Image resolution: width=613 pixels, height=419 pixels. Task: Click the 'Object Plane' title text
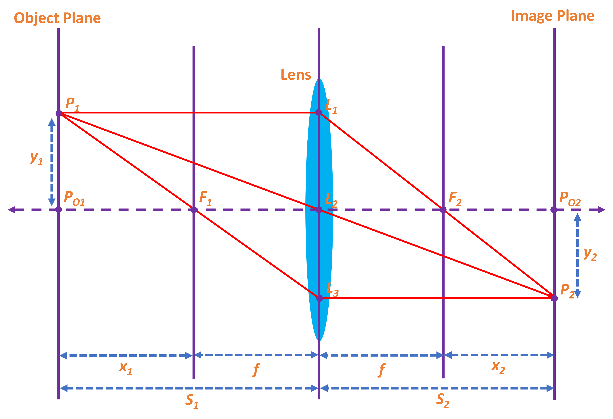tap(57, 18)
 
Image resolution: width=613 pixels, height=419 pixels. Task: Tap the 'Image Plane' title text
tap(553, 16)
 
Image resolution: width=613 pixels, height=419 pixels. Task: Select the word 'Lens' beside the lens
tap(296, 75)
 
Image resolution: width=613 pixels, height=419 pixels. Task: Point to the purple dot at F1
tap(194, 210)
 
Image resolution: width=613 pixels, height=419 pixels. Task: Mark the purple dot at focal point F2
tap(443, 210)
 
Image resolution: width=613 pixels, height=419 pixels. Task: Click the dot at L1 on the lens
tap(319, 112)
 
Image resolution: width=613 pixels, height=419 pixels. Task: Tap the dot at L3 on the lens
tap(319, 298)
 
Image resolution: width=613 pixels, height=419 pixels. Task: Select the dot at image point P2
tap(554, 298)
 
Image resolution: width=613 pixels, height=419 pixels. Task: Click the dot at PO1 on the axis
tap(59, 210)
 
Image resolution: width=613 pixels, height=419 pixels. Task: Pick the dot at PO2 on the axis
tap(554, 210)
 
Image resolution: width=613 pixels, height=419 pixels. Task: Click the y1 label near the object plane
tap(36, 158)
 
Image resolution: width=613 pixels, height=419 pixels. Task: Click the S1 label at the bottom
tap(192, 401)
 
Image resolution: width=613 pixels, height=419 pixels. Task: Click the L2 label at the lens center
tap(331, 200)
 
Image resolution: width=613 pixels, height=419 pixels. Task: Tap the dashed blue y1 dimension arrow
tap(52, 162)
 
